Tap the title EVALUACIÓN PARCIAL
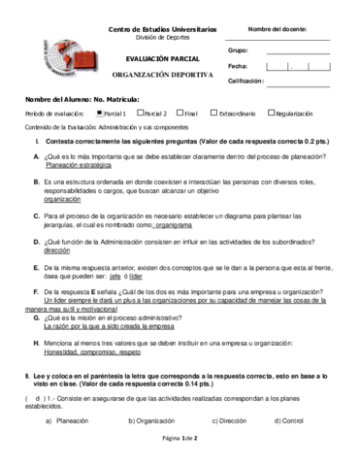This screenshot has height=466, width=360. point(162,59)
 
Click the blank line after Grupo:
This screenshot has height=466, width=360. point(297,51)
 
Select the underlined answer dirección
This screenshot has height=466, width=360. point(57,250)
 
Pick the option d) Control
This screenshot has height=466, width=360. point(290,420)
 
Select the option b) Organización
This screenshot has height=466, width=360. point(150,420)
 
